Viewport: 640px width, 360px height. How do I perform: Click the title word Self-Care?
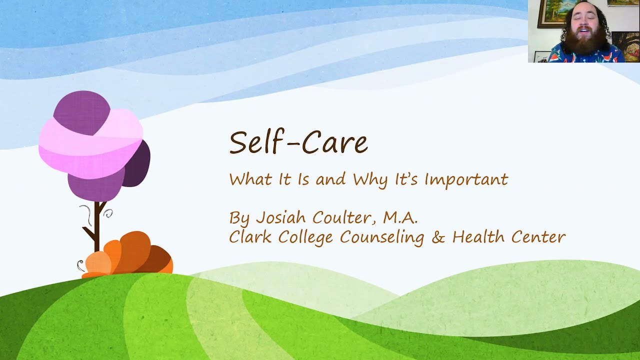pos(298,142)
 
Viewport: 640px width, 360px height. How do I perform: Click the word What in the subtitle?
pos(250,179)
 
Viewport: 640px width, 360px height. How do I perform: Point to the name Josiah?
pos(281,217)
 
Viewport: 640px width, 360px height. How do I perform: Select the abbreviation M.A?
pos(400,217)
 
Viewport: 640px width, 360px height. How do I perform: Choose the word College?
pos(301,237)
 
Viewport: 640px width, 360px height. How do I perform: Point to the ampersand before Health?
pos(438,237)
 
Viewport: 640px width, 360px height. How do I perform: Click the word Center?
pos(538,237)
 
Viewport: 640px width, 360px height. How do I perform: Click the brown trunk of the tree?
pos(97,227)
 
